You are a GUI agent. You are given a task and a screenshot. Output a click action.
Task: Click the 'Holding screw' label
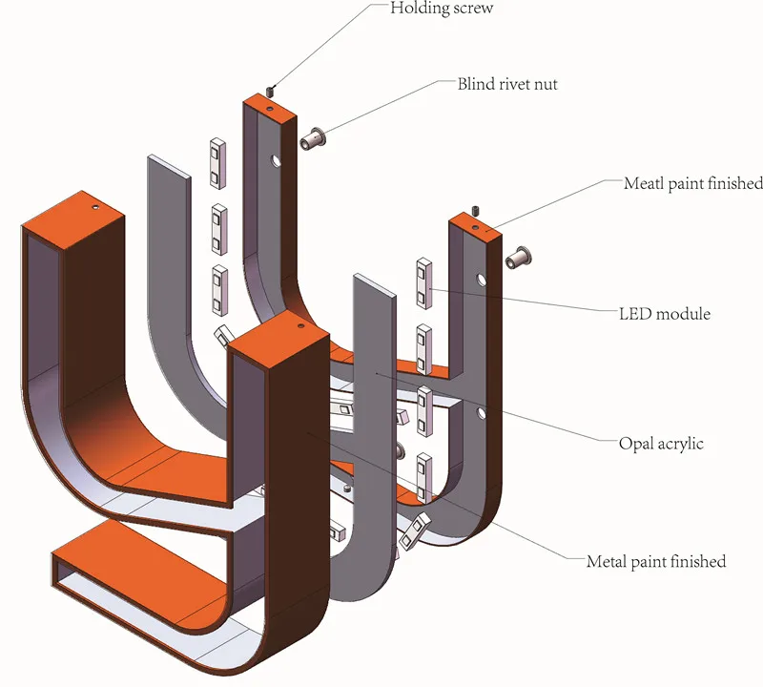coord(442,8)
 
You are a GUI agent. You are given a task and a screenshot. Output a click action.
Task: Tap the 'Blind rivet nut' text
coord(507,84)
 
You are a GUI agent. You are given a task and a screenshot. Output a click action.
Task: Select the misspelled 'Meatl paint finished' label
coord(693,183)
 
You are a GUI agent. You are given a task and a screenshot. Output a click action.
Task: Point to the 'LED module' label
coord(664,314)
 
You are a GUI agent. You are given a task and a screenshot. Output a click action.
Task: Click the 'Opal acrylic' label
coord(661,444)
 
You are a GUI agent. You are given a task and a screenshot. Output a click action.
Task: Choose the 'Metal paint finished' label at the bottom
coord(656,562)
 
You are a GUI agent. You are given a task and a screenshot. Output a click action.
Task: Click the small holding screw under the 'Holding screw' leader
coord(271,91)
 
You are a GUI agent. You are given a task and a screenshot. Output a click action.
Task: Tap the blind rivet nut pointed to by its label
coord(313,138)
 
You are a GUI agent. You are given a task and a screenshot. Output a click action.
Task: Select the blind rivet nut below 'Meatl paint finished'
coord(519,257)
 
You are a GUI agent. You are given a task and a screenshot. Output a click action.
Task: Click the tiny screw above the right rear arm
coord(476,211)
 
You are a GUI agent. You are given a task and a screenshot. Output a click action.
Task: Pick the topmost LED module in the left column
coord(218,163)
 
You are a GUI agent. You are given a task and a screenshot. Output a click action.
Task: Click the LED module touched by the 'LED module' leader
coord(423,283)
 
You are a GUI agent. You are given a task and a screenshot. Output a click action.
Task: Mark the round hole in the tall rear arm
coord(277,160)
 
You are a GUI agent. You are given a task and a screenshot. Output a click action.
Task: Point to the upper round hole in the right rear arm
coord(482,280)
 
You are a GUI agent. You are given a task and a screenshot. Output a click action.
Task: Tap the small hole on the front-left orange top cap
coord(95,207)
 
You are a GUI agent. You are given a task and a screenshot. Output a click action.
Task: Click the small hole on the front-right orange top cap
coord(300,325)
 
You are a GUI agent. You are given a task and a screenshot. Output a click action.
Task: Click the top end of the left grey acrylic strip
coord(169,164)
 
